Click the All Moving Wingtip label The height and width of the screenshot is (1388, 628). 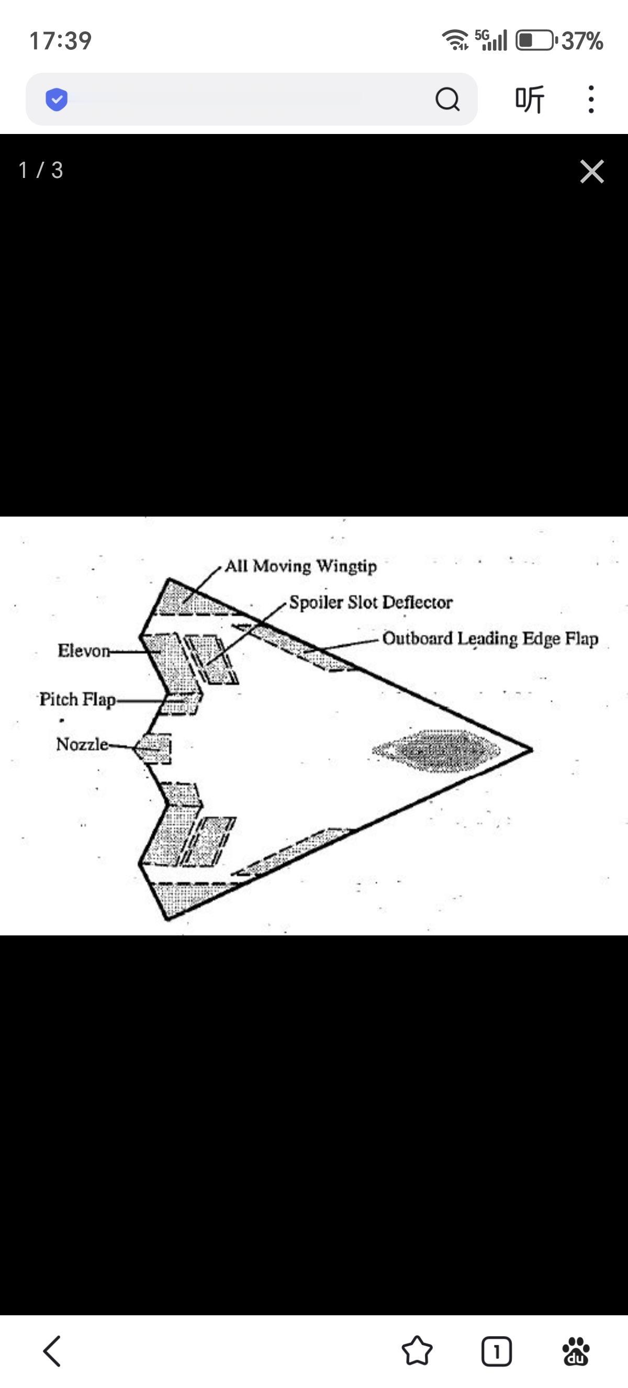(300, 566)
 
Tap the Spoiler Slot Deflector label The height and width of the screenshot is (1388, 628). (371, 602)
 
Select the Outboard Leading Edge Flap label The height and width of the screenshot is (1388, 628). (490, 639)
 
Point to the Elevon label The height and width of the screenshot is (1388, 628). (84, 651)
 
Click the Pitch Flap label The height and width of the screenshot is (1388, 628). (77, 699)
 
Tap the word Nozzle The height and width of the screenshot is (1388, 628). (82, 744)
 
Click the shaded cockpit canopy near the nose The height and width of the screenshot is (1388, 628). (436, 750)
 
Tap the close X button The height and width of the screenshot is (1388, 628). (592, 171)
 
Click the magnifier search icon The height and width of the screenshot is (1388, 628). (447, 99)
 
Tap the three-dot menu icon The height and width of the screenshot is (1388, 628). (591, 99)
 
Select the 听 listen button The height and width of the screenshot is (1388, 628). (530, 99)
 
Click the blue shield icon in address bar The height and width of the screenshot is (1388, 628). (57, 99)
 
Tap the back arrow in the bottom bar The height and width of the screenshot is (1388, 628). (52, 1351)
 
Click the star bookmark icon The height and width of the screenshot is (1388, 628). (417, 1351)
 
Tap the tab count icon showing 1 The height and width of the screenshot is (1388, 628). (496, 1351)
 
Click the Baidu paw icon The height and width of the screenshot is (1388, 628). (576, 1351)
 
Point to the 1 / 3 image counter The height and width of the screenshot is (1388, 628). (41, 170)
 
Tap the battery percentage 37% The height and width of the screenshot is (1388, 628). (581, 41)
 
